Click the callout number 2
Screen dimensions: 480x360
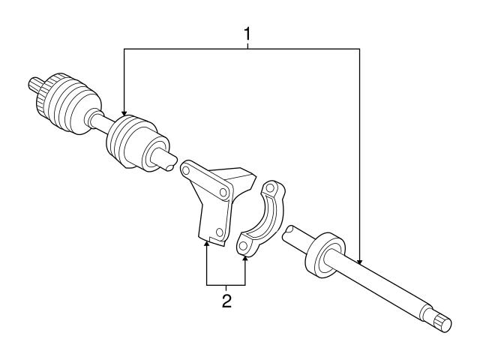226,301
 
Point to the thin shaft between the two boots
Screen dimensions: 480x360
98,120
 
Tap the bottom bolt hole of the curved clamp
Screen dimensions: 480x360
244,242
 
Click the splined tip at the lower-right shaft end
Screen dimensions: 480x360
443,322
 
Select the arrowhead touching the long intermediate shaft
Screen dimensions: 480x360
361,262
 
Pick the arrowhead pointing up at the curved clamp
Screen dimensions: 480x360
245,258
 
